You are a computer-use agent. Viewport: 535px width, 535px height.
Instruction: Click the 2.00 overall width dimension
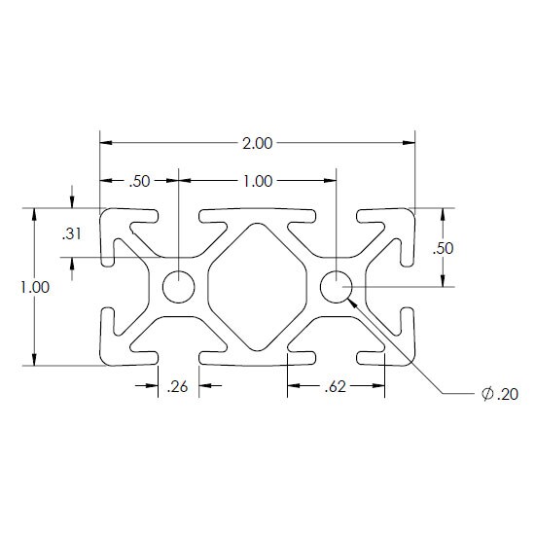(258, 143)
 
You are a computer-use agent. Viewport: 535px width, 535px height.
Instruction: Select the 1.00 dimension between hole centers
(258, 181)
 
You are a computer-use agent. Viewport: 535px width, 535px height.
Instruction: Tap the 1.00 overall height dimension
(35, 287)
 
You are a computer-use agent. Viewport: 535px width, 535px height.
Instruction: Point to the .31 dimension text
(72, 234)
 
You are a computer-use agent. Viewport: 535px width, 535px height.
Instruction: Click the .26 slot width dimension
(178, 386)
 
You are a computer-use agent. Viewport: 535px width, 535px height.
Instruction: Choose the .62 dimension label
(336, 386)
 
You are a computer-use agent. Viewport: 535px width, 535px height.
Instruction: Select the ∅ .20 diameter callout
(500, 394)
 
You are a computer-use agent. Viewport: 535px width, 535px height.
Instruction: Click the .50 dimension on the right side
(444, 248)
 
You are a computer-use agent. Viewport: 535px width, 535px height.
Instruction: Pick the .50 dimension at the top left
(139, 181)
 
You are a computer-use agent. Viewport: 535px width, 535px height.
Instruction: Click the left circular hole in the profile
(178, 287)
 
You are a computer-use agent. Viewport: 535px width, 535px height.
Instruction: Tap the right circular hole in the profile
(337, 287)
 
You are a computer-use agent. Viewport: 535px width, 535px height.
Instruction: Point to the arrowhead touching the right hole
(352, 303)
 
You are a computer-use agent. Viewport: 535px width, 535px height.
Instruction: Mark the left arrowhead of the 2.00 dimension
(106, 143)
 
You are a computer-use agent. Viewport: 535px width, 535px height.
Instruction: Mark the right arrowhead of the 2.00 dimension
(409, 143)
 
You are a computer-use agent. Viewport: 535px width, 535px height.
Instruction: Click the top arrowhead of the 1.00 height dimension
(34, 215)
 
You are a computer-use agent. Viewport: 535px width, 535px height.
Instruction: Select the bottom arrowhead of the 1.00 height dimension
(34, 359)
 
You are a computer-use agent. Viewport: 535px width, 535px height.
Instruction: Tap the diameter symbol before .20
(487, 394)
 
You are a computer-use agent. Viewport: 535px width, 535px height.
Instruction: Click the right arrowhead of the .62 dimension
(378, 385)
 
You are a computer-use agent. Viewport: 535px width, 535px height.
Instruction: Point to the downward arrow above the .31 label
(72, 202)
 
